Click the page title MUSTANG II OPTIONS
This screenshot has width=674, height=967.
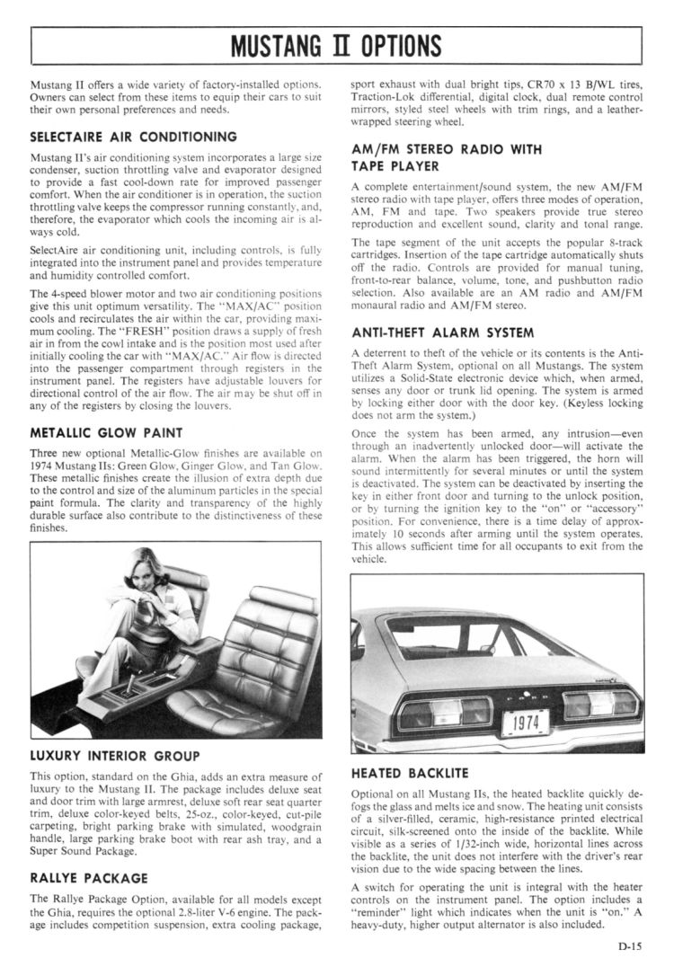(336, 44)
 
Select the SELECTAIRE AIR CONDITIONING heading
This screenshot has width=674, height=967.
(133, 137)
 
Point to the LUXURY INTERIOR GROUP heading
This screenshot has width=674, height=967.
(115, 756)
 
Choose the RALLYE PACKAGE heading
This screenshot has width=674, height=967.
(90, 877)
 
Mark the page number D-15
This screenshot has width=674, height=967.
(629, 945)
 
